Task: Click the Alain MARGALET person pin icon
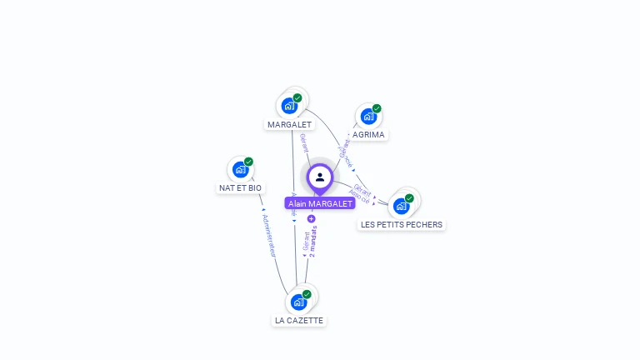coord(320,177)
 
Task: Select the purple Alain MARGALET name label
coord(320,203)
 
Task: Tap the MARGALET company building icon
coord(289,106)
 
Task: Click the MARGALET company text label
coord(289,125)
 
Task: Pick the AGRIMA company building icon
coord(368,117)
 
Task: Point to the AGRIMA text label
coord(368,134)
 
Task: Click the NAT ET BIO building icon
coord(241,170)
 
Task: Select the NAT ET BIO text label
coord(241,188)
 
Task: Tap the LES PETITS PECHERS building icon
coord(402,206)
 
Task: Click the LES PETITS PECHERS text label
coord(402,225)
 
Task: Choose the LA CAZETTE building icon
coord(298,302)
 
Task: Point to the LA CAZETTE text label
coord(299,321)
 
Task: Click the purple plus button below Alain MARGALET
coord(312,219)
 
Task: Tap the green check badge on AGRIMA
coord(377,108)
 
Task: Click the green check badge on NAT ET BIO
coord(248,162)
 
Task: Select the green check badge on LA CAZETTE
coord(307,294)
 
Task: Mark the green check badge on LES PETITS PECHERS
coord(409,198)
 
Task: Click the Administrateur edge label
coord(268,235)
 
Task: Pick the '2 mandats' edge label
coord(313,240)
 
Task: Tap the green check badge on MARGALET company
coord(297,98)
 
